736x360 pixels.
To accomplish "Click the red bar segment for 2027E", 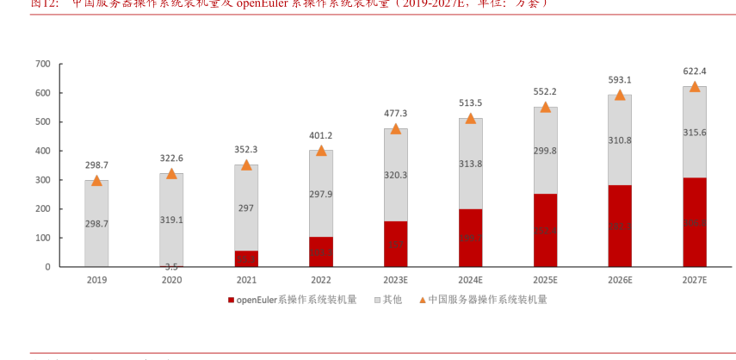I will click(x=695, y=222).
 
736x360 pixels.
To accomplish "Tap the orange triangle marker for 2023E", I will click(x=396, y=129).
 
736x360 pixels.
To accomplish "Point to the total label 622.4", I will click(x=695, y=71).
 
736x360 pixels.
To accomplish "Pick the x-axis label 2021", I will click(x=246, y=281).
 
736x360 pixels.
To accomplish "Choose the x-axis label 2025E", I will click(x=545, y=281).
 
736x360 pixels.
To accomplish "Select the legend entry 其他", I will click(x=392, y=300).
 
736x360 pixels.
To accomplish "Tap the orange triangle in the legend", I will click(x=422, y=300).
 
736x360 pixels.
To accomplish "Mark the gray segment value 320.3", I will click(x=396, y=175).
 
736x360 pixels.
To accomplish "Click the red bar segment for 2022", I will click(x=321, y=251).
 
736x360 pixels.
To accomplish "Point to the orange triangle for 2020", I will click(x=171, y=174).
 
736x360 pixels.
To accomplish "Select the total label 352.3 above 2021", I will click(x=246, y=150).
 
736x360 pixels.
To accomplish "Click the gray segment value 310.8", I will click(x=620, y=140).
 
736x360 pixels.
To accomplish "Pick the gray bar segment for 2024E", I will click(x=470, y=164).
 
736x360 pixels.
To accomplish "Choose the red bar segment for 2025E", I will click(x=545, y=230).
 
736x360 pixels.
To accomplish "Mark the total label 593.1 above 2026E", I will click(x=620, y=80).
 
